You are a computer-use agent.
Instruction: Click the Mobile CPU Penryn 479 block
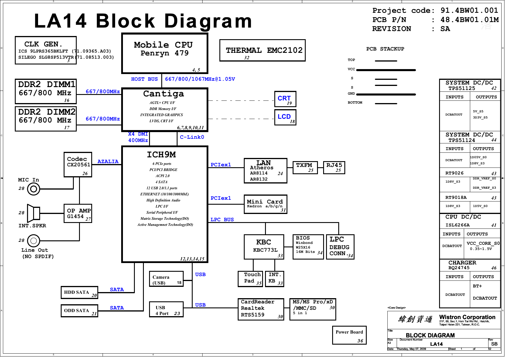(x=165, y=53)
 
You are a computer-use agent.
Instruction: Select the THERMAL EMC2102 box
(x=262, y=51)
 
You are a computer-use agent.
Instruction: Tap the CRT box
(x=285, y=99)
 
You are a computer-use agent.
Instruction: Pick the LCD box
(x=285, y=117)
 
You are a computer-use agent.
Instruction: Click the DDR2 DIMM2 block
(x=46, y=119)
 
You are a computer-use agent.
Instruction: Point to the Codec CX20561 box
(x=78, y=165)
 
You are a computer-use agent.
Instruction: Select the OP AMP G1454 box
(x=78, y=213)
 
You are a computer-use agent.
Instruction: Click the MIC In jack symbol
(x=33, y=189)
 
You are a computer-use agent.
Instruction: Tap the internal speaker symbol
(x=33, y=213)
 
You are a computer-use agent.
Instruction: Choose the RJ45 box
(x=334, y=168)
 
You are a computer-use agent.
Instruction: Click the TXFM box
(x=305, y=168)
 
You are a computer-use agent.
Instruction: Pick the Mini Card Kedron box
(x=265, y=204)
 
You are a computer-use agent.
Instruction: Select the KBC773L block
(x=264, y=247)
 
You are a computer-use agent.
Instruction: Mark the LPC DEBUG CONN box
(x=340, y=247)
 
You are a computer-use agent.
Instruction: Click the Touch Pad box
(x=250, y=279)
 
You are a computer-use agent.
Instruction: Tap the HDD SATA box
(x=79, y=292)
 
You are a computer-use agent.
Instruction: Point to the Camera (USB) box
(x=166, y=279)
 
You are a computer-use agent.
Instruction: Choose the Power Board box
(x=349, y=335)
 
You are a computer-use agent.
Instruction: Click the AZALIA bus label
(x=108, y=162)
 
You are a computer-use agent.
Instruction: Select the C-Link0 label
(x=192, y=137)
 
